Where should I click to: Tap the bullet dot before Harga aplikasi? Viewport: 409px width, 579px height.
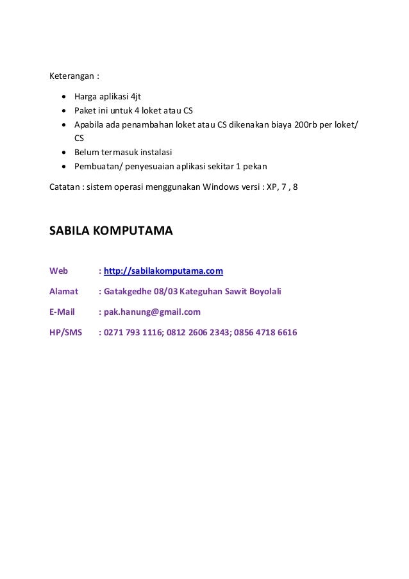click(x=64, y=97)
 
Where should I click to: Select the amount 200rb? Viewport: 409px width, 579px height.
click(x=305, y=124)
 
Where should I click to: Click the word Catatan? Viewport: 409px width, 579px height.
click(x=65, y=188)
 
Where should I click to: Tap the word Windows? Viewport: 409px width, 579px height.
click(x=220, y=188)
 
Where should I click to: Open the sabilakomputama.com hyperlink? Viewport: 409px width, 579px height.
click(x=163, y=271)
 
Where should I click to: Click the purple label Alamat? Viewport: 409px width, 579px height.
click(x=63, y=292)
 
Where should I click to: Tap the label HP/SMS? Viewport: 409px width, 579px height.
click(x=66, y=333)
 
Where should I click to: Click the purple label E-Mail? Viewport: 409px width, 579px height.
click(x=62, y=312)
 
